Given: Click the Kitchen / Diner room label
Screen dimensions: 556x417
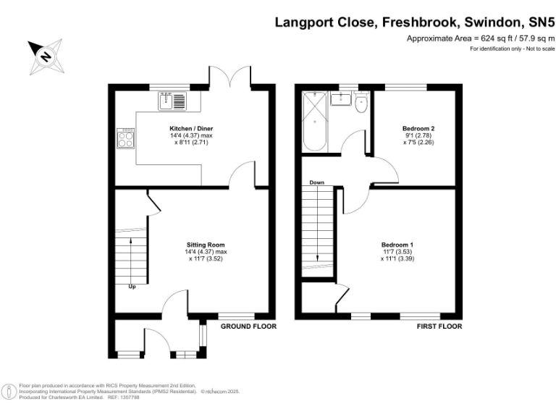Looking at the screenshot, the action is (191, 128).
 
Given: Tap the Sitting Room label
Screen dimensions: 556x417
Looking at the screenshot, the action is (206, 245).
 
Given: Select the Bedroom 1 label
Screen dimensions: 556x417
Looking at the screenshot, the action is (397, 245).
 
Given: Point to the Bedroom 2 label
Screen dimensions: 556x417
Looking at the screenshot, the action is (418, 128).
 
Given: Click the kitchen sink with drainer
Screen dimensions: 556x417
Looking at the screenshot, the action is (172, 101).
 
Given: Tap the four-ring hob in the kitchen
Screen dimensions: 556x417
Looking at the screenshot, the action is (126, 138).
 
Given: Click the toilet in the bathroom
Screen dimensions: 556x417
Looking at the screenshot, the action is (361, 102).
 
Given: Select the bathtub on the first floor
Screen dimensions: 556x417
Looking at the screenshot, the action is (314, 121).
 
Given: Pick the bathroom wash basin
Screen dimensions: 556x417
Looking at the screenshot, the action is (341, 98).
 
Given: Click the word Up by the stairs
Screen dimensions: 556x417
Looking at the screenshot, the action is (132, 287).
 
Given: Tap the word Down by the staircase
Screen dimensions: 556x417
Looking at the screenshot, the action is (316, 182).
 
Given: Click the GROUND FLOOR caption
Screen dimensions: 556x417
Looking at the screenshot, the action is (248, 327).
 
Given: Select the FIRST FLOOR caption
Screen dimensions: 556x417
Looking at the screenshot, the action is (439, 327).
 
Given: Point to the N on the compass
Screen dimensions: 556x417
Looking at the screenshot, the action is (45, 56).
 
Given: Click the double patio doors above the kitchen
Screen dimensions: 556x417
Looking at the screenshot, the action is (230, 76).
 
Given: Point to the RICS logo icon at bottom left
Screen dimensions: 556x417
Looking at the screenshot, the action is (9, 392).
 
